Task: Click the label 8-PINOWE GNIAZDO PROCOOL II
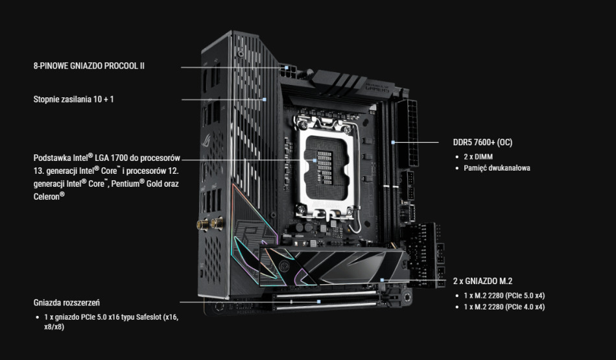click(x=89, y=66)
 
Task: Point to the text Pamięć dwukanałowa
click(x=497, y=168)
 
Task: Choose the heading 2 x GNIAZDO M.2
click(x=482, y=281)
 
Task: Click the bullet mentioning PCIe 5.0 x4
click(x=504, y=295)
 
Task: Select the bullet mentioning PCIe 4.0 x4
click(x=504, y=306)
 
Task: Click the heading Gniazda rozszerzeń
click(x=66, y=302)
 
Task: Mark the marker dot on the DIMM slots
click(x=393, y=141)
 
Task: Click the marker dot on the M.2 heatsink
click(x=383, y=280)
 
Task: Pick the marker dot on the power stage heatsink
click(x=265, y=99)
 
